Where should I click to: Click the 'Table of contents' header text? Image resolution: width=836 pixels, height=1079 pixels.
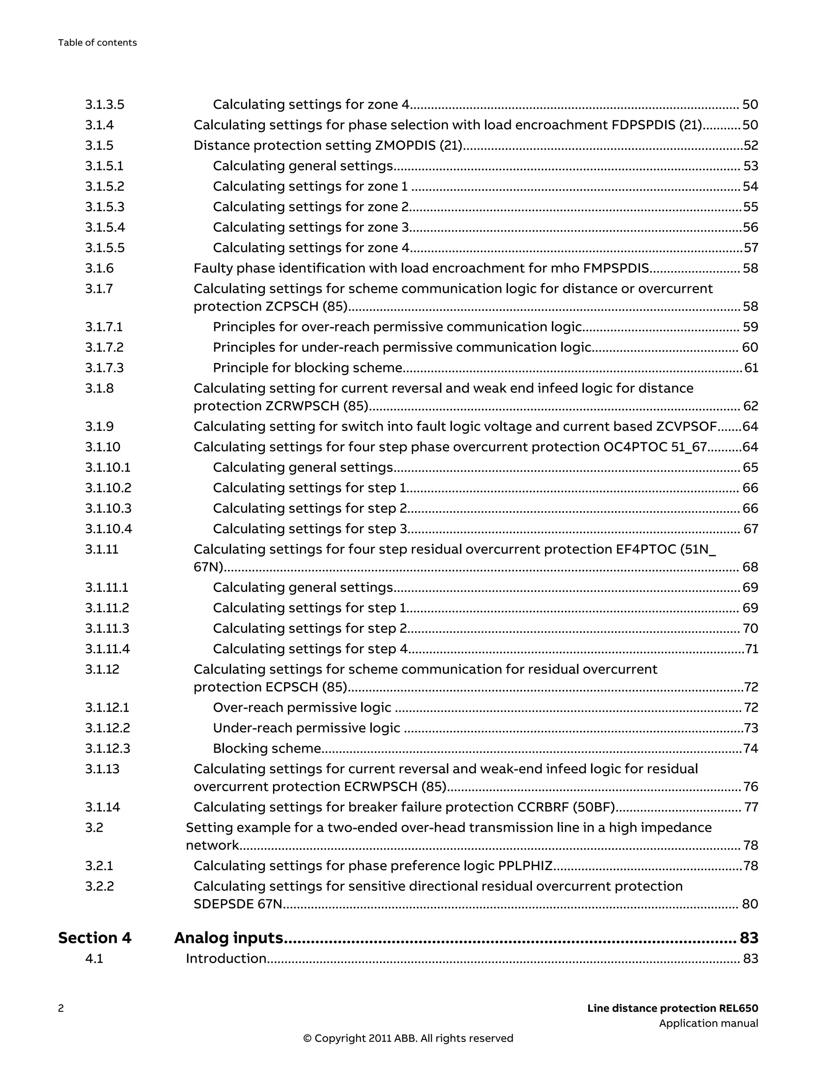pos(98,42)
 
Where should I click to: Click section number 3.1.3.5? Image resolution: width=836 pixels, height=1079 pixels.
pos(105,104)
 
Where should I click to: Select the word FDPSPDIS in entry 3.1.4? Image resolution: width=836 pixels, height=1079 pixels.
pos(643,125)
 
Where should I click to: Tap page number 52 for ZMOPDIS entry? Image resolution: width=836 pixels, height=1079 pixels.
pos(750,145)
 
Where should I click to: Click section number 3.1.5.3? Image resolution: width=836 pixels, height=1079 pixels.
pos(105,206)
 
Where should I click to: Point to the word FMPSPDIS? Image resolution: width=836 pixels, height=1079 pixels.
pos(616,268)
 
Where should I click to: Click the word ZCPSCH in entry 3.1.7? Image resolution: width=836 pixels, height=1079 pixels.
pos(292,306)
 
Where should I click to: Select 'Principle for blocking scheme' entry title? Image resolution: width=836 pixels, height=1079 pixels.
pos(307,368)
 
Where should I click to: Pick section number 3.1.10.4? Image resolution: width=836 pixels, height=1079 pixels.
pos(109,529)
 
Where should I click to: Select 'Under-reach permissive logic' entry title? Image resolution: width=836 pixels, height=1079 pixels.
pos(307,728)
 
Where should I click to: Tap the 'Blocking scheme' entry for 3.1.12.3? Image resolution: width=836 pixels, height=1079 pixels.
pos(267,749)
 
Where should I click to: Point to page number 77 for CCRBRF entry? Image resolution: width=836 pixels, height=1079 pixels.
pos(751,807)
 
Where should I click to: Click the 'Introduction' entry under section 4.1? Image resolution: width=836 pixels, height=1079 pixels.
pos(226,958)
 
